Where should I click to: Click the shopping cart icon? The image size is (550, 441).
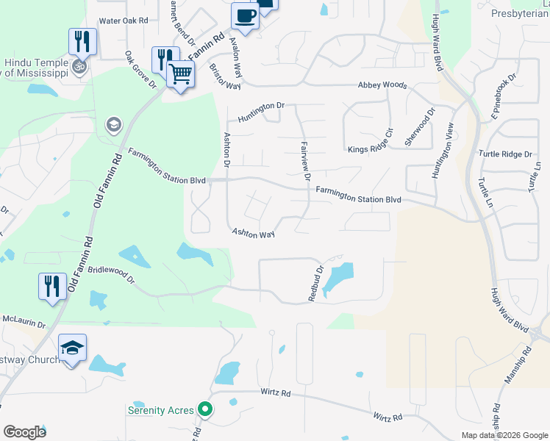point(180,73)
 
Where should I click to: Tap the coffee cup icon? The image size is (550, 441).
point(245,15)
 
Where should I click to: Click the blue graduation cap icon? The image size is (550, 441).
point(73,348)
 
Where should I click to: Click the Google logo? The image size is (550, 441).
point(24,432)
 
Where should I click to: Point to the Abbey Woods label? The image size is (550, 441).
point(382,85)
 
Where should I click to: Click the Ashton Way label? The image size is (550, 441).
point(253,233)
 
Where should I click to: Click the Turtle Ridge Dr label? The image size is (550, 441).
point(504,154)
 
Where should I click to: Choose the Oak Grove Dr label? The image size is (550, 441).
point(140,69)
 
